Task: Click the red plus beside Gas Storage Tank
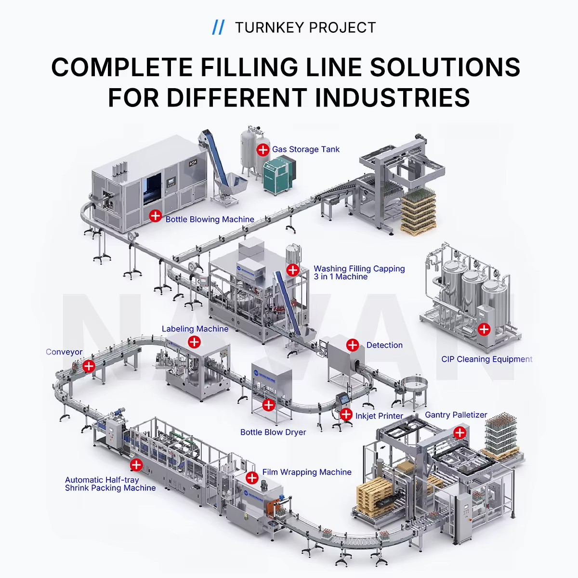click(x=263, y=149)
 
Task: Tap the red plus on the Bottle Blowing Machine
click(x=156, y=216)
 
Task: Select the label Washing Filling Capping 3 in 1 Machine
click(x=359, y=272)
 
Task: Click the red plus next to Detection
click(x=353, y=345)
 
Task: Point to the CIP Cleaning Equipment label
click(x=486, y=359)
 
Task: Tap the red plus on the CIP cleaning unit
click(x=484, y=329)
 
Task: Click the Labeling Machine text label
click(x=195, y=329)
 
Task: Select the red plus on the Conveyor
click(x=89, y=366)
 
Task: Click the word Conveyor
click(x=64, y=352)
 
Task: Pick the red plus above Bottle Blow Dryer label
click(x=268, y=405)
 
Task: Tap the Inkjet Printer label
click(x=379, y=416)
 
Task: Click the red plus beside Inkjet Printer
click(x=346, y=415)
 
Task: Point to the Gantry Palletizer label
click(x=456, y=415)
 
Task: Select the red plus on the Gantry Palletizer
click(x=460, y=433)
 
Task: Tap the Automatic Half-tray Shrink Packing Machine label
click(x=110, y=484)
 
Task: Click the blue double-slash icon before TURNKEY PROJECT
click(x=218, y=27)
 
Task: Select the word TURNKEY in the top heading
click(x=270, y=27)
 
